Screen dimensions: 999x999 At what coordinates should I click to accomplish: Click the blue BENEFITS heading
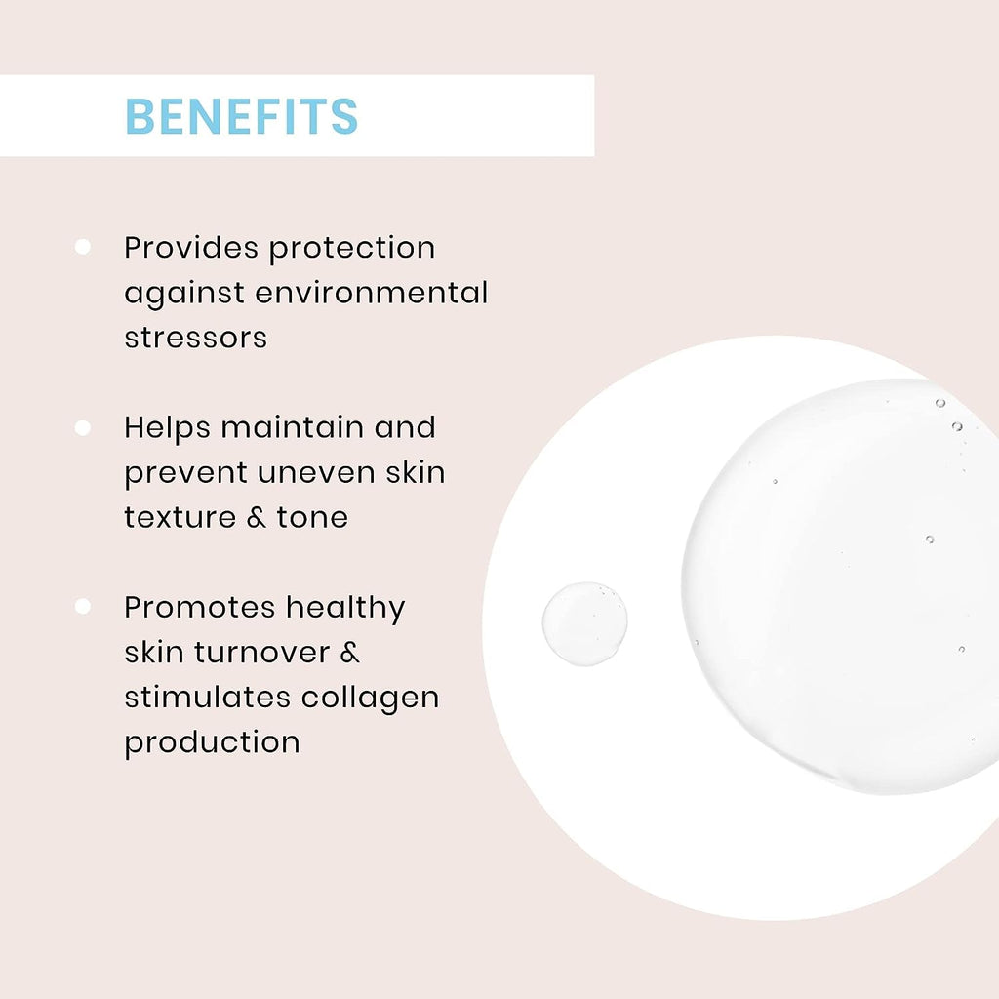click(242, 116)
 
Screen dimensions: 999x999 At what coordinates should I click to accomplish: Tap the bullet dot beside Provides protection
click(82, 247)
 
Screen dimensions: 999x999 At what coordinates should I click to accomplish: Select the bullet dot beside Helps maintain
click(82, 427)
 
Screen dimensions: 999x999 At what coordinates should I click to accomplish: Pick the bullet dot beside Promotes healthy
click(82, 606)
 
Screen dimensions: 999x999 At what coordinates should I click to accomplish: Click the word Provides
click(192, 247)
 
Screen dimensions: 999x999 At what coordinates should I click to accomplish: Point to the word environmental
click(372, 293)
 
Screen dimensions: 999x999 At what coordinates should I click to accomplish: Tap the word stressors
click(195, 338)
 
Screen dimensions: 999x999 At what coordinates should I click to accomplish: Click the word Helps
click(167, 428)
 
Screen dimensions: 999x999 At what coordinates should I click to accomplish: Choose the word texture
click(180, 517)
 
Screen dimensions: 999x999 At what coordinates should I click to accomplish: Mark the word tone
click(312, 517)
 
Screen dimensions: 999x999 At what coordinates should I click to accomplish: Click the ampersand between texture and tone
click(257, 517)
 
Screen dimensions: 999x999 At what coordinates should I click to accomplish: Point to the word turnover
click(261, 652)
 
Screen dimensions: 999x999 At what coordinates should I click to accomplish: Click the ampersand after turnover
click(350, 652)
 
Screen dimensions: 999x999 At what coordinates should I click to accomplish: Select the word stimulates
click(208, 697)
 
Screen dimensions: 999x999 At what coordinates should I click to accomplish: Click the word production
click(212, 742)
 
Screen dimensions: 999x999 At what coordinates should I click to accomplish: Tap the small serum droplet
click(585, 623)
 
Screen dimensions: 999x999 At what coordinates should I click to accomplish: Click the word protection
click(352, 249)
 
